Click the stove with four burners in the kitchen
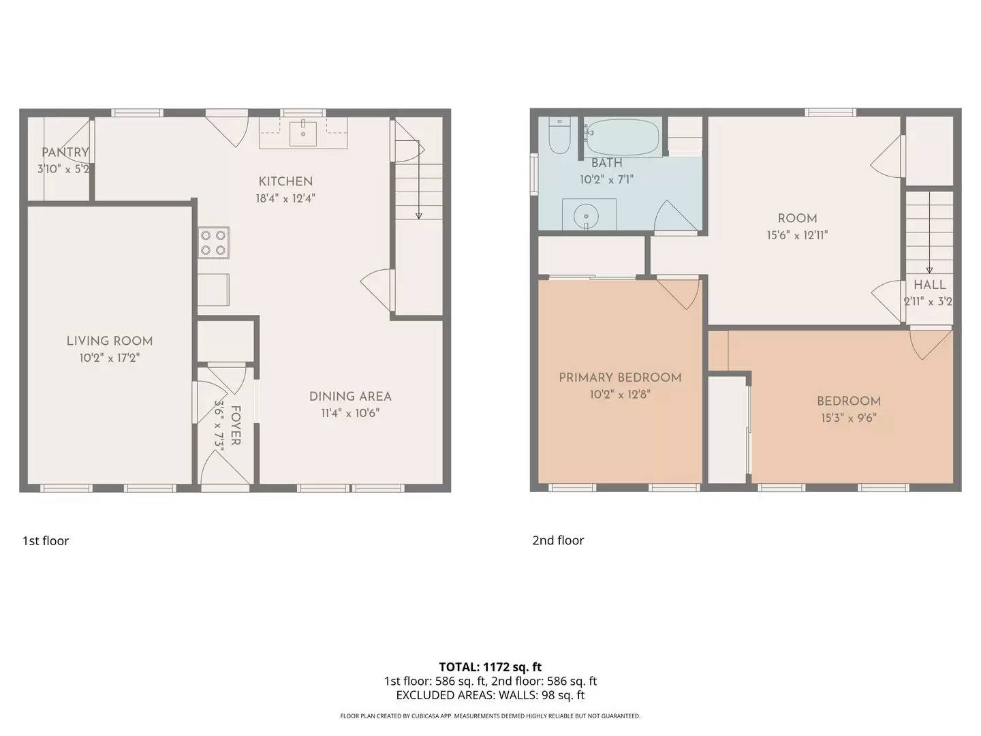pyautogui.click(x=213, y=243)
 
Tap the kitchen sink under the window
pyautogui.click(x=303, y=134)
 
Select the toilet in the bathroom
pyautogui.click(x=559, y=136)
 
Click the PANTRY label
pyautogui.click(x=65, y=153)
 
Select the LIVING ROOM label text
pyautogui.click(x=109, y=341)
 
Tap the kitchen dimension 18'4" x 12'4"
pyautogui.click(x=285, y=199)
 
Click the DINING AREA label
pyautogui.click(x=350, y=397)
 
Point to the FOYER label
pyautogui.click(x=236, y=426)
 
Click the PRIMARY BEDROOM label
pyautogui.click(x=620, y=378)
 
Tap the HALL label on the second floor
pyautogui.click(x=929, y=286)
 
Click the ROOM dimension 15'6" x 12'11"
pyautogui.click(x=797, y=236)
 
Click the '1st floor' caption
pyautogui.click(x=46, y=541)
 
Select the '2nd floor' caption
pyautogui.click(x=558, y=540)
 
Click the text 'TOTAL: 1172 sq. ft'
pyautogui.click(x=490, y=667)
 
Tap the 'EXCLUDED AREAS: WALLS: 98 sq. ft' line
pyautogui.click(x=490, y=696)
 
